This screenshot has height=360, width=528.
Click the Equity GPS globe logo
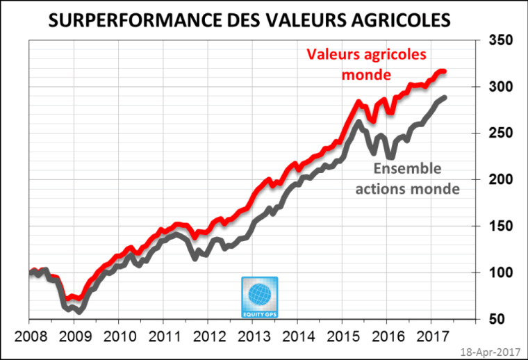[x=259, y=296]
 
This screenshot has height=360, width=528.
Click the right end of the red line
[x=444, y=72]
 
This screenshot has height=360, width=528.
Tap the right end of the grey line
[x=444, y=97]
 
